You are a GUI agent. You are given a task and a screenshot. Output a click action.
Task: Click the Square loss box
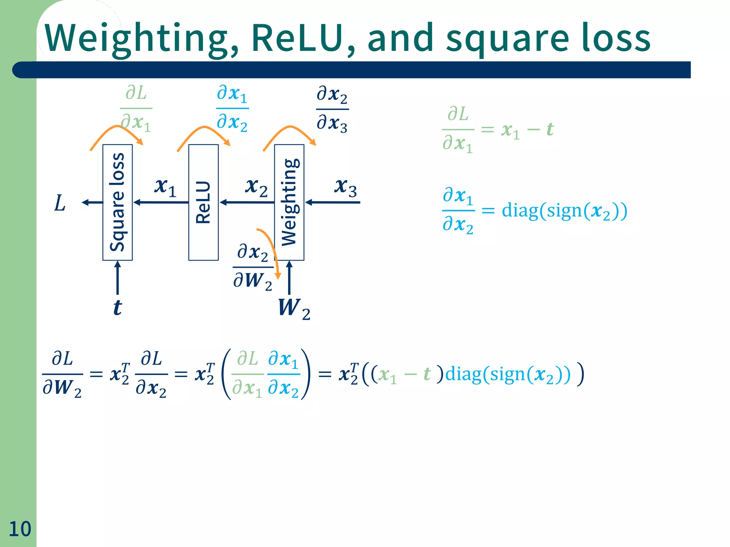pyautogui.click(x=117, y=202)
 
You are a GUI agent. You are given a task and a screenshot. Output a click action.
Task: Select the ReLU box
pyautogui.click(x=203, y=202)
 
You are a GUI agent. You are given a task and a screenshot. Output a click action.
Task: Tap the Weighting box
pyautogui.click(x=289, y=202)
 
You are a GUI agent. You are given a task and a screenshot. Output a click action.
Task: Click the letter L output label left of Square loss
pyautogui.click(x=60, y=203)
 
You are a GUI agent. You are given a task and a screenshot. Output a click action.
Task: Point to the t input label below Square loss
pyautogui.click(x=117, y=307)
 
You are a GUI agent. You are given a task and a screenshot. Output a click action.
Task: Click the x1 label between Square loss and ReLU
pyautogui.click(x=165, y=187)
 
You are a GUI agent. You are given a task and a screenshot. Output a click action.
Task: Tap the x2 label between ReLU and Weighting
pyautogui.click(x=256, y=187)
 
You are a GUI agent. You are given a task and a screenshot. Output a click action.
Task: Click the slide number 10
pyautogui.click(x=20, y=529)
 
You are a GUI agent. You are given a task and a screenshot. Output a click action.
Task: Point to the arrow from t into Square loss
pyautogui.click(x=118, y=278)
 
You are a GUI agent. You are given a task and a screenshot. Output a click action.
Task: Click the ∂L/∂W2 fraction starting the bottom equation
pyautogui.click(x=62, y=374)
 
